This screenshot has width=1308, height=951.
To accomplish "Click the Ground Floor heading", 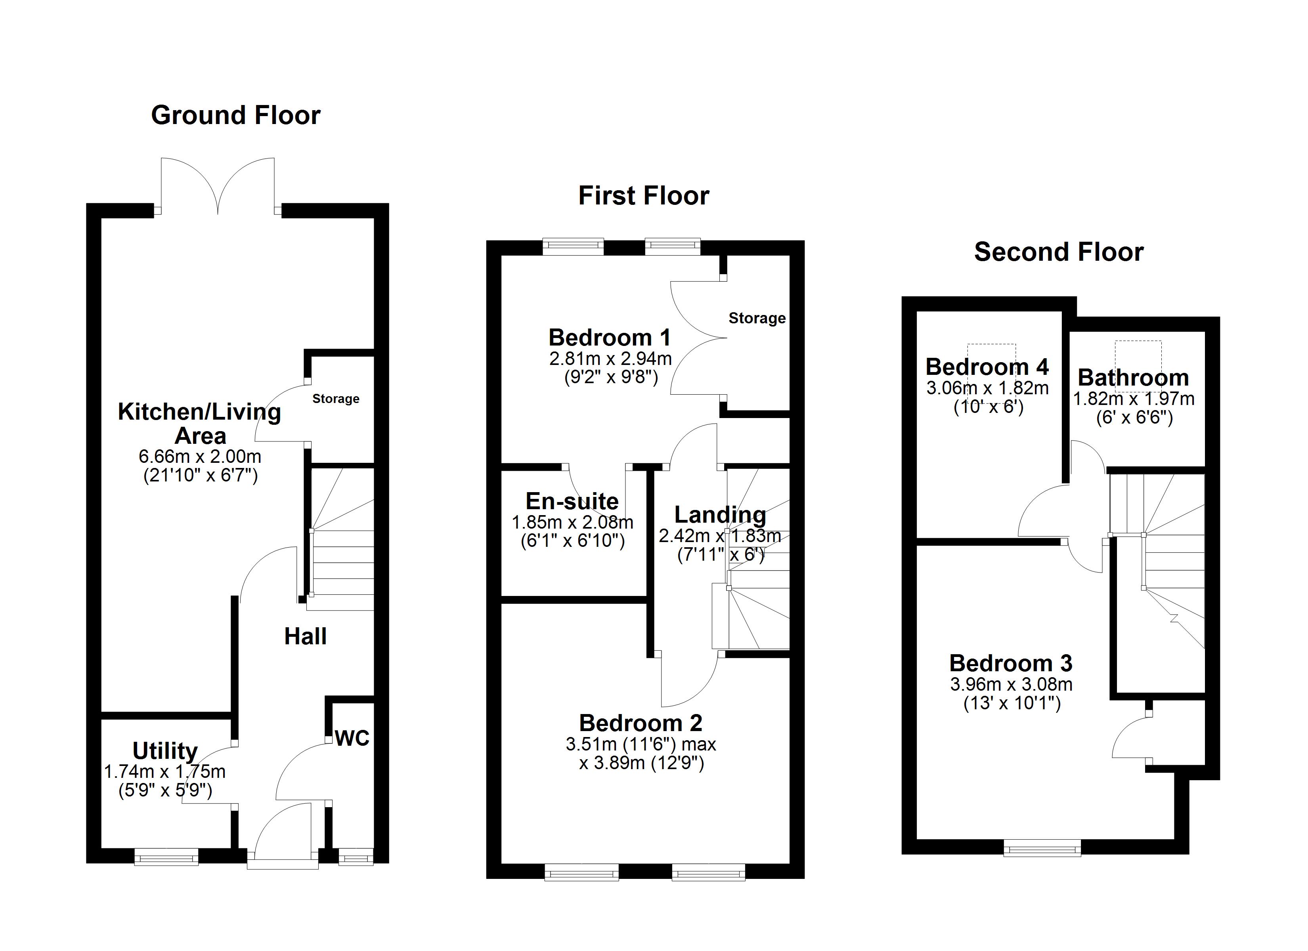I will click(x=235, y=115).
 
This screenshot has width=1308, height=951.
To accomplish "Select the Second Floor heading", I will click(x=1058, y=252).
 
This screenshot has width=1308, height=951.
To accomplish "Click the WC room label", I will click(x=352, y=738).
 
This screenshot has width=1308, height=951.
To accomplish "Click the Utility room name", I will click(x=165, y=751).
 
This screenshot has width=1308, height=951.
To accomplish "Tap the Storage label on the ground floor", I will click(x=336, y=399).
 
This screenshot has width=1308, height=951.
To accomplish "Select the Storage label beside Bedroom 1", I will click(x=757, y=318).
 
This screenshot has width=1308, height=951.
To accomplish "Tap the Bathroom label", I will click(x=1133, y=378).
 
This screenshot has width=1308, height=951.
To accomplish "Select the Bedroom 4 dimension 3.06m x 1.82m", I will click(x=987, y=388).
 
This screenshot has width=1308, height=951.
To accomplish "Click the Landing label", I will click(x=720, y=514).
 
